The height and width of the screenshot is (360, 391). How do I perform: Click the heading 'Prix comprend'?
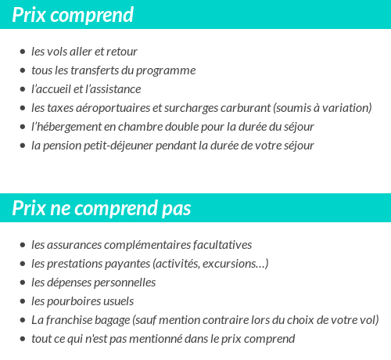click(x=73, y=15)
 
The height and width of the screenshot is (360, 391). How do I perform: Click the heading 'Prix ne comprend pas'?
click(x=102, y=209)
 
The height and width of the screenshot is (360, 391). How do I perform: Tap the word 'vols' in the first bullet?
click(x=58, y=52)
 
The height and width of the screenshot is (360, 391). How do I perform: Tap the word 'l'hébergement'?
click(x=66, y=127)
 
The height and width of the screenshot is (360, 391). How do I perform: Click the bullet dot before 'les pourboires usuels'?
click(x=23, y=301)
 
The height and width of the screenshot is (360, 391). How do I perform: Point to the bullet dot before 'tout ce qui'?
click(x=23, y=339)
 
